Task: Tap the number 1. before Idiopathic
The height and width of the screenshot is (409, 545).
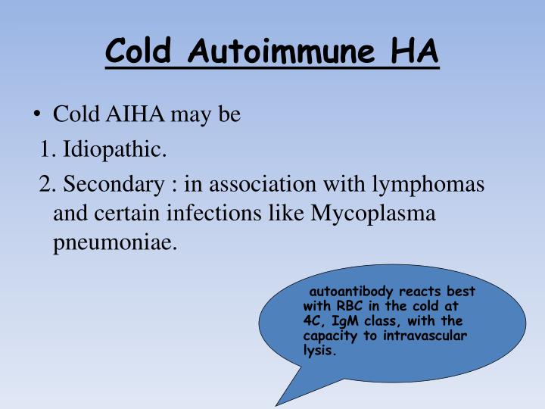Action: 49,150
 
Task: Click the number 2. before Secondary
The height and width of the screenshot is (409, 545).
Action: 49,184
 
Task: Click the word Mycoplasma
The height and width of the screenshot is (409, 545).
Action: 375,214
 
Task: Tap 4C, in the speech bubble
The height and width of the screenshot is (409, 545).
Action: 313,321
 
